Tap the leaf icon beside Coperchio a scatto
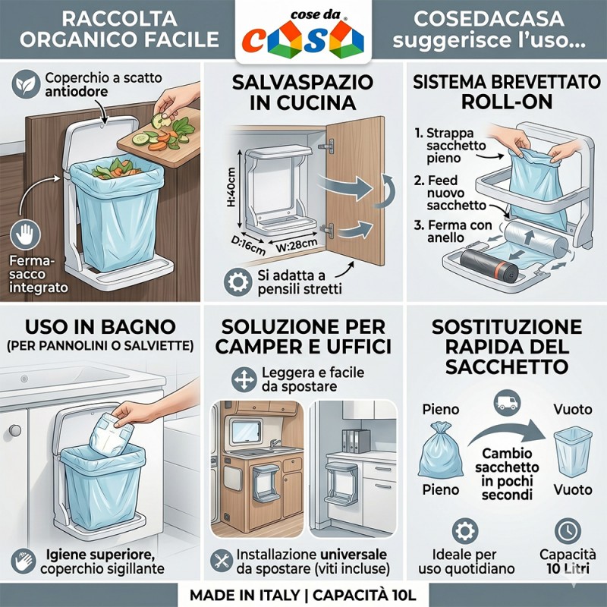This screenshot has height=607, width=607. pyautogui.click(x=26, y=83)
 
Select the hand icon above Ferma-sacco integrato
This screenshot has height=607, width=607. pyautogui.click(x=25, y=234)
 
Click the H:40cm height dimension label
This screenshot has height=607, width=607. pyautogui.click(x=231, y=187)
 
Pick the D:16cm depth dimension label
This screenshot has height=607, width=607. pyautogui.click(x=248, y=245)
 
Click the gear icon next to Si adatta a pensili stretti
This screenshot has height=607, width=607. pyautogui.click(x=237, y=282)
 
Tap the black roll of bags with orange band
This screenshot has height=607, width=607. pyautogui.click(x=489, y=264)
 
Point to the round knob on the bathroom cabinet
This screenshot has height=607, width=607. pyautogui.click(x=14, y=430)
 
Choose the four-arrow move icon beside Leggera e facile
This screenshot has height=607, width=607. pyautogui.click(x=244, y=380)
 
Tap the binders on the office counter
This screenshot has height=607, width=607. pyautogui.click(x=356, y=441)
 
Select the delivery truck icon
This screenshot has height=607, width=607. pyautogui.click(x=507, y=403)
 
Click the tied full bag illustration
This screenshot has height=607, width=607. pyautogui.click(x=441, y=450)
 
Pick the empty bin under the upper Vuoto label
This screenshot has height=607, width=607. pyautogui.click(x=573, y=451)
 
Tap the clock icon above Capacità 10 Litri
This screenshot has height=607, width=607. pyautogui.click(x=568, y=532)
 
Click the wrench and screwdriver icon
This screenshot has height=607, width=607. pyautogui.click(x=222, y=561)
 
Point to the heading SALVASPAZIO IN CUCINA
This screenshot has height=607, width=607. pyautogui.click(x=303, y=93)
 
